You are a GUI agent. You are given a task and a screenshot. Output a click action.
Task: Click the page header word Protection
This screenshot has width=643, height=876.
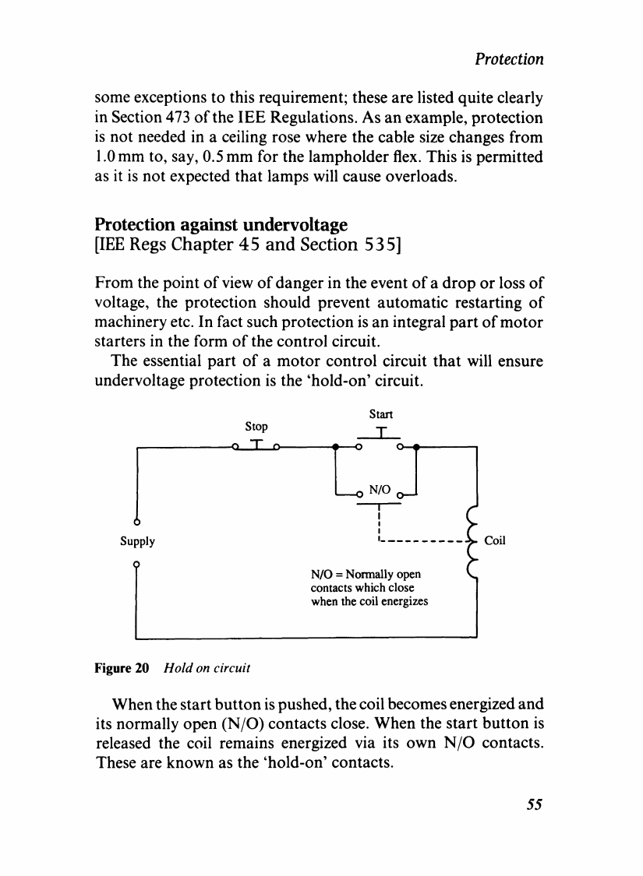pos(510,59)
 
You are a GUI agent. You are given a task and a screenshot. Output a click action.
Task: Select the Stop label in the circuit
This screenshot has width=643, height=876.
pos(256,427)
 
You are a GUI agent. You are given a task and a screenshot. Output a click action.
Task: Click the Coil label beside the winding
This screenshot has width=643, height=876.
pos(496,540)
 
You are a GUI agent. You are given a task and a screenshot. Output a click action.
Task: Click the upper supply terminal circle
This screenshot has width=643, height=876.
pos(136,520)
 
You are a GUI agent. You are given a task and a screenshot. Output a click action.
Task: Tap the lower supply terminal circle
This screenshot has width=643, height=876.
pos(136,562)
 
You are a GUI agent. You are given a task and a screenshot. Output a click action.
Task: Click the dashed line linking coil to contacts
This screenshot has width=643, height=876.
pos(421,540)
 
